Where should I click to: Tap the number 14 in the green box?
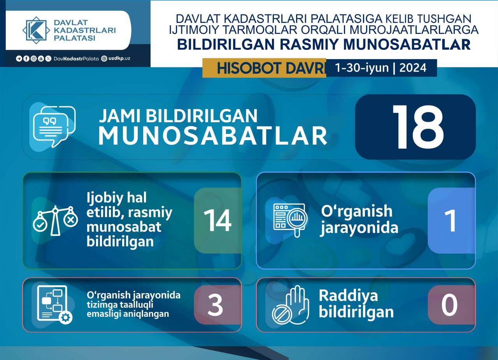(x=217, y=220)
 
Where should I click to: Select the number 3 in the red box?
(x=215, y=305)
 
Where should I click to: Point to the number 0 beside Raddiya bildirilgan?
(x=449, y=305)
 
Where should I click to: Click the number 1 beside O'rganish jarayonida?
(x=451, y=220)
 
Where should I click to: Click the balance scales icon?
(x=55, y=221)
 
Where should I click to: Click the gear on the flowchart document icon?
(x=66, y=318)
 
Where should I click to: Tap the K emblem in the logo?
(x=36, y=30)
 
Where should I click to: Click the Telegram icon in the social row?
(x=19, y=59)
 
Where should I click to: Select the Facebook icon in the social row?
(x=26, y=59)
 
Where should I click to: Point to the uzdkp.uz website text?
(x=119, y=59)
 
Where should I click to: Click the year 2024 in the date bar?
(x=413, y=68)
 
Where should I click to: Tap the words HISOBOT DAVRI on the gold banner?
(x=270, y=68)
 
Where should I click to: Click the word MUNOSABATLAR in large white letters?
(x=213, y=136)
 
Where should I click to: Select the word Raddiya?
(x=348, y=296)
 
